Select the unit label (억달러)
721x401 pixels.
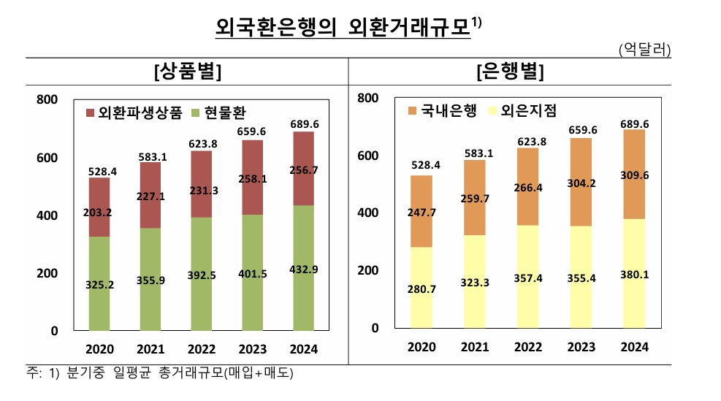point(644,50)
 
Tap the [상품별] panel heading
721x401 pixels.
point(188,73)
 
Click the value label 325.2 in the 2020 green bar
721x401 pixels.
point(99,283)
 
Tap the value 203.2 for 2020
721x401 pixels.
point(99,213)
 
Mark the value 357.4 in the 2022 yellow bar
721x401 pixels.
point(527,280)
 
